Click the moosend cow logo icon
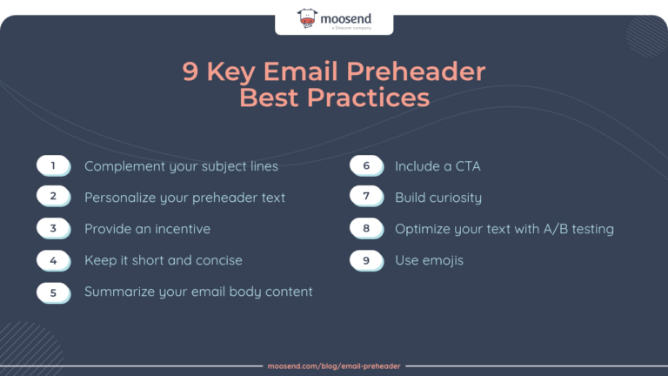click(x=307, y=17)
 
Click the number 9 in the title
click(x=190, y=71)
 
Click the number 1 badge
click(x=53, y=165)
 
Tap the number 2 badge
click(x=53, y=197)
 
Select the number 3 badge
click(x=53, y=228)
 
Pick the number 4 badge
click(x=53, y=259)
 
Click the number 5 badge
click(x=53, y=292)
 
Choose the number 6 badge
click(x=366, y=165)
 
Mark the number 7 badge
click(x=366, y=197)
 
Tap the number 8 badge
click(x=366, y=228)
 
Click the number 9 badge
click(x=366, y=259)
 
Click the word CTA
click(x=468, y=165)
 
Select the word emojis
click(x=443, y=260)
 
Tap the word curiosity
click(x=452, y=198)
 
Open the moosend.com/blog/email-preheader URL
click(x=333, y=366)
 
